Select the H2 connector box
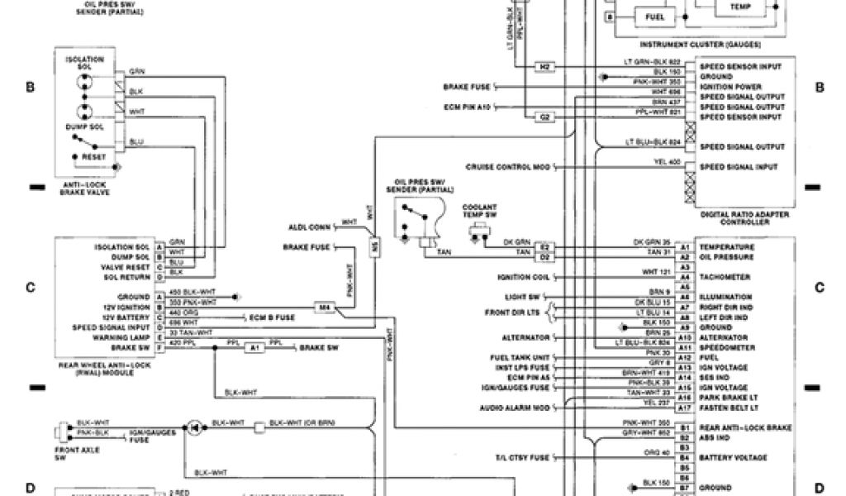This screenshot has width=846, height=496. tap(545, 66)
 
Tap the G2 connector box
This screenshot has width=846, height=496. tap(545, 117)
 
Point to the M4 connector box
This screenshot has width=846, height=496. tap(326, 308)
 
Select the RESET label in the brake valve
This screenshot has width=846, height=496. tap(93, 156)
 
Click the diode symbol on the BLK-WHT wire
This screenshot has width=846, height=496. tap(194, 427)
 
